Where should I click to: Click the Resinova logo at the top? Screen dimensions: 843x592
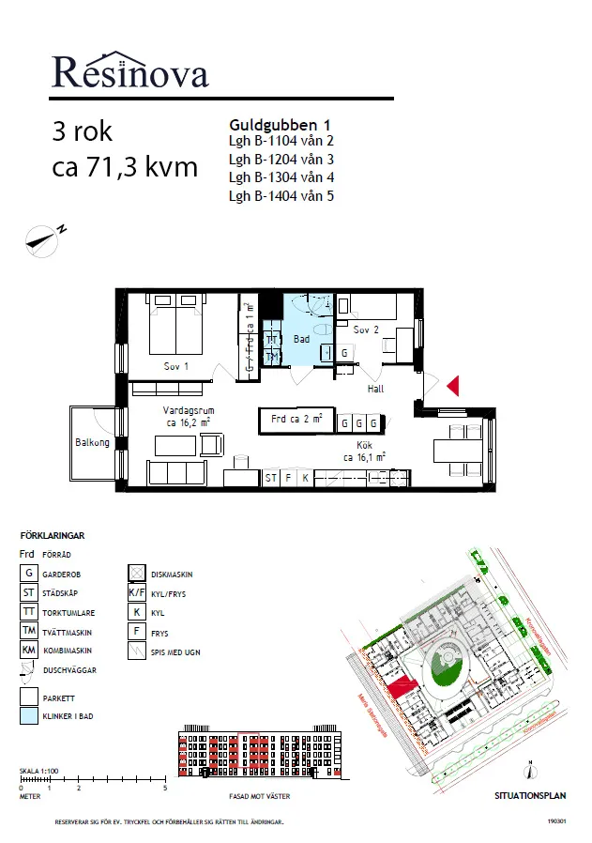(x=129, y=69)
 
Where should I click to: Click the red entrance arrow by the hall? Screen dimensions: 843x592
(x=452, y=386)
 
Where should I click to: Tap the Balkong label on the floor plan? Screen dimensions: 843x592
(x=93, y=443)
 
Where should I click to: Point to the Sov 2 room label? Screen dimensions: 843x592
(x=366, y=330)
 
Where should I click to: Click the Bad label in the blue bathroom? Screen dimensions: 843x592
(x=301, y=339)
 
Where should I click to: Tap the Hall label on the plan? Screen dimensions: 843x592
(x=375, y=389)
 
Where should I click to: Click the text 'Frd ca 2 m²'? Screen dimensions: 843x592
(x=296, y=420)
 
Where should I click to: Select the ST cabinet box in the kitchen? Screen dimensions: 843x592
(x=271, y=478)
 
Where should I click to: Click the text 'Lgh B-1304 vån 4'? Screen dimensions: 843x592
(x=281, y=177)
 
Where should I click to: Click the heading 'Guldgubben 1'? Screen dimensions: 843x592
(x=280, y=124)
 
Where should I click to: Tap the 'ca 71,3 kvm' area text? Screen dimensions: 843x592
(x=125, y=168)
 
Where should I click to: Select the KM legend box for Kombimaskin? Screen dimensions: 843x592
(x=29, y=651)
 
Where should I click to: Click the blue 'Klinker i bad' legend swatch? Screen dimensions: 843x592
(x=29, y=715)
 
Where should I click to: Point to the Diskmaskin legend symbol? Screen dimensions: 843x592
(x=135, y=573)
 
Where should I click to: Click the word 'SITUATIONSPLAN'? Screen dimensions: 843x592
(x=530, y=795)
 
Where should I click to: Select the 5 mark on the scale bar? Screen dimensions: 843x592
(x=165, y=789)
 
